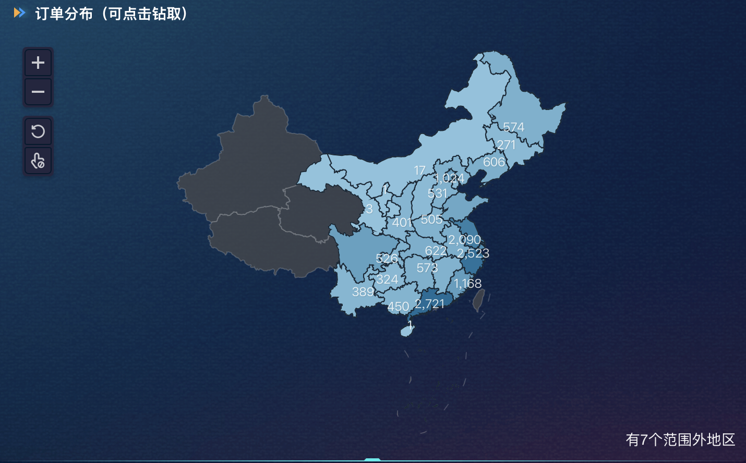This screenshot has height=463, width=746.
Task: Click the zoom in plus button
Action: pyautogui.click(x=38, y=63)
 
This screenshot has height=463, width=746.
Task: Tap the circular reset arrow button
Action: pyautogui.click(x=38, y=131)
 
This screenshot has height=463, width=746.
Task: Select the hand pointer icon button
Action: pyautogui.click(x=38, y=161)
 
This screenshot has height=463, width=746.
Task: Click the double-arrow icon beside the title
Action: pyautogui.click(x=19, y=13)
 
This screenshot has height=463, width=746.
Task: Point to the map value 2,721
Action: pyautogui.click(x=429, y=303)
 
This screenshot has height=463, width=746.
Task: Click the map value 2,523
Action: pyautogui.click(x=473, y=253)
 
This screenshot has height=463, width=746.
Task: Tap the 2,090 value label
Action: pyautogui.click(x=464, y=240)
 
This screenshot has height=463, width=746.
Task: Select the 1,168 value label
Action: pyautogui.click(x=467, y=283)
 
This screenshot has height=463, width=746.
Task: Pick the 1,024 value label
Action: pyautogui.click(x=449, y=178)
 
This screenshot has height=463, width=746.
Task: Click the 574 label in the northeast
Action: pyautogui.click(x=513, y=127)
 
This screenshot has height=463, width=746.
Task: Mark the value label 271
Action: pyautogui.click(x=506, y=145)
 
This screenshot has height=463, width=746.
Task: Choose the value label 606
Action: pyautogui.click(x=494, y=162)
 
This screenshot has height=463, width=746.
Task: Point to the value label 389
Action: pyautogui.click(x=363, y=292)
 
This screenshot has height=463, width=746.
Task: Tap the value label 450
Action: pyautogui.click(x=398, y=307)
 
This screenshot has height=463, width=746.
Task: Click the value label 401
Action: pyautogui.click(x=402, y=223)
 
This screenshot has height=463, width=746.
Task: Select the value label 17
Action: pyautogui.click(x=419, y=170)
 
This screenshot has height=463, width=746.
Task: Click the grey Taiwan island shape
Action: pyautogui.click(x=478, y=300)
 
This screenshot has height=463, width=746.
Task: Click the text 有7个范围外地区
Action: pyautogui.click(x=680, y=440)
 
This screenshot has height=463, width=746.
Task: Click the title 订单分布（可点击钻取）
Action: pyautogui.click(x=111, y=14)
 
